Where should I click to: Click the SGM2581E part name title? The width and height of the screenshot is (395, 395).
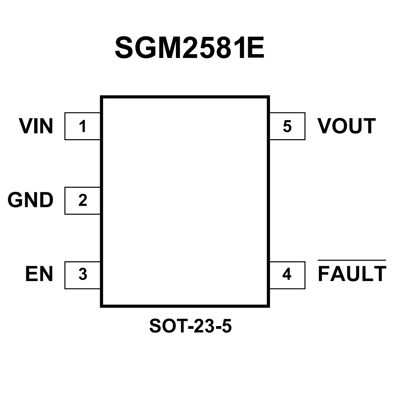tap(190, 47)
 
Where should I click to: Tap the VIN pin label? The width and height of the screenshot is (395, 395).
tap(36, 126)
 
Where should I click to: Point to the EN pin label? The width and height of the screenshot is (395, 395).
tap(39, 274)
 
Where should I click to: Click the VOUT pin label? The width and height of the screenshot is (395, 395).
tap(346, 126)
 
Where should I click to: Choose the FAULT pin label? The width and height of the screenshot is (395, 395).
tap(352, 274)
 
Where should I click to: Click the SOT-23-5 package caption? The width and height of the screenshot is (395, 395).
tap(190, 326)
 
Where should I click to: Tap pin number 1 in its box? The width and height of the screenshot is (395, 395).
tap(82, 126)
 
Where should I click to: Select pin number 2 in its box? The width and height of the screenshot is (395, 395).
tap(82, 200)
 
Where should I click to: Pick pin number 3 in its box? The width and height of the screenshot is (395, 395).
tap(82, 275)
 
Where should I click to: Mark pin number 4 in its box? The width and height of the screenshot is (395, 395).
tap(287, 275)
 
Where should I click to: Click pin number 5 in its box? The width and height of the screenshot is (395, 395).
tap(287, 126)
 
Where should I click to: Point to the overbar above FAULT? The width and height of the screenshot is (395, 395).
tap(352, 260)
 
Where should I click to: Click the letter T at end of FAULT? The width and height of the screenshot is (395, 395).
tap(379, 274)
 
